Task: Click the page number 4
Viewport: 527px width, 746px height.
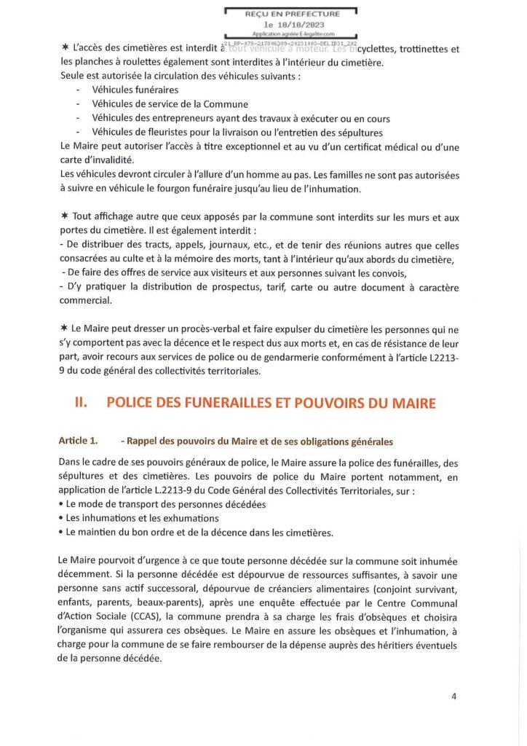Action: click(x=453, y=696)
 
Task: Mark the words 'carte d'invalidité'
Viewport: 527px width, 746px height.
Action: click(x=101, y=160)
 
